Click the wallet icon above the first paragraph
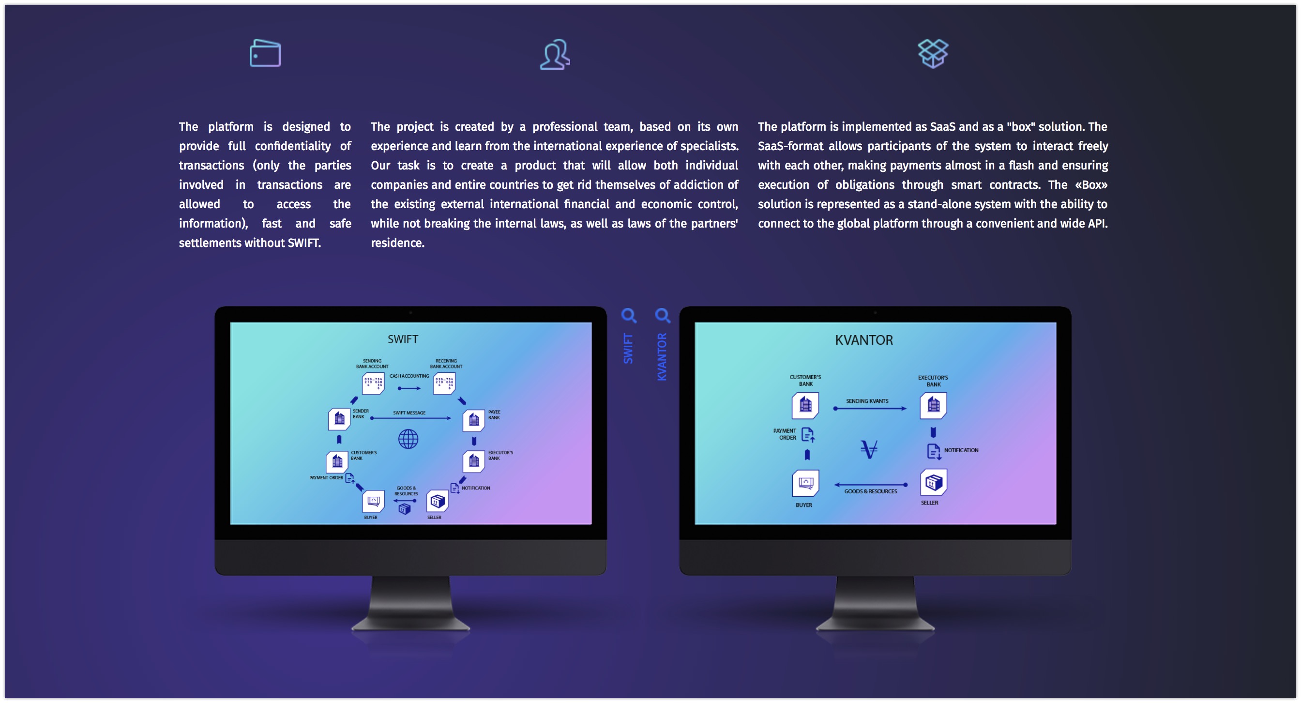point(265,53)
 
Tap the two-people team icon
point(555,54)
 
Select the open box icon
point(933,53)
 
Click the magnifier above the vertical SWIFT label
point(629,316)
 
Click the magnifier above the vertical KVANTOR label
point(663,316)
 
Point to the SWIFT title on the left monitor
point(403,339)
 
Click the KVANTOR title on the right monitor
point(864,340)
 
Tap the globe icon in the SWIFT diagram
point(408,439)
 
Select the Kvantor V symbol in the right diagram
point(869,448)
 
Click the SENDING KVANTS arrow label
point(867,401)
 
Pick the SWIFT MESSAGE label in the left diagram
point(409,413)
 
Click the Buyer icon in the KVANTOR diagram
point(805,483)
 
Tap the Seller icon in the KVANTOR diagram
point(933,482)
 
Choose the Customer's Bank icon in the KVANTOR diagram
point(805,405)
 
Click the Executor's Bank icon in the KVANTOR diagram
point(933,405)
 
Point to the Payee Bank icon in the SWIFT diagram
point(474,420)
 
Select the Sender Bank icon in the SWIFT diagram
point(339,419)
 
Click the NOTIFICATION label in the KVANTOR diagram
point(961,450)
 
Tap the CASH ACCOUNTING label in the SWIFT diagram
point(409,376)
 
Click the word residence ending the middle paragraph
point(397,243)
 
